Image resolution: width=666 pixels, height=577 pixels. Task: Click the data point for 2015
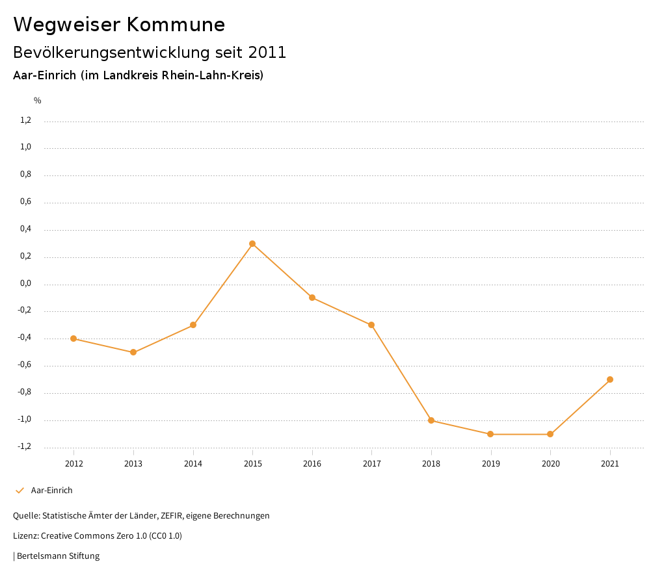coord(252,244)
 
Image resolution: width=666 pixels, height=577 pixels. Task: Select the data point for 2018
coord(431,420)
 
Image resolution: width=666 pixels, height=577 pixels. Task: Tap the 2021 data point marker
coord(610,379)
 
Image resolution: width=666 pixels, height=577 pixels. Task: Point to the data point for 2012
coord(73,339)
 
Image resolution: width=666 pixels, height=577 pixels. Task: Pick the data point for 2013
coord(133,352)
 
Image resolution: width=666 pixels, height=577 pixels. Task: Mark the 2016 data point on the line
coord(312,298)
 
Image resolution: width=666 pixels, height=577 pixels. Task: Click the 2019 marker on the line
coord(490,434)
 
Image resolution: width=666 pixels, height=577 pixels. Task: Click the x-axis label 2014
coord(193,464)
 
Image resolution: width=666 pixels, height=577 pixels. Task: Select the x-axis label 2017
coord(371,464)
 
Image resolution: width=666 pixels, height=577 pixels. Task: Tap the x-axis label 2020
coord(550,464)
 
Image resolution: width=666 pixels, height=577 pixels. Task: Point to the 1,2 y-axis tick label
coord(26,120)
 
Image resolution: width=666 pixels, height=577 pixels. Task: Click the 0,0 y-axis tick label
coord(26,284)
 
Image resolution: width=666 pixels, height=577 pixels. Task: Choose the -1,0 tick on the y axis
coord(25,420)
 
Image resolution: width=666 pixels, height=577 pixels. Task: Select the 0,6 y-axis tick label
coord(26,202)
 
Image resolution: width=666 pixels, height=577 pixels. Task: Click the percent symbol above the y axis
coord(38,101)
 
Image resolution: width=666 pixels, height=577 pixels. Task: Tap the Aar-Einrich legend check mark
coord(20,491)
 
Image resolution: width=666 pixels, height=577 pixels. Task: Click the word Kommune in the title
coord(176,25)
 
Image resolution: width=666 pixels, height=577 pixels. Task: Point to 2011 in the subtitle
coord(267,53)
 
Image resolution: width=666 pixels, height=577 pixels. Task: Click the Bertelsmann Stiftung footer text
coord(58,556)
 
